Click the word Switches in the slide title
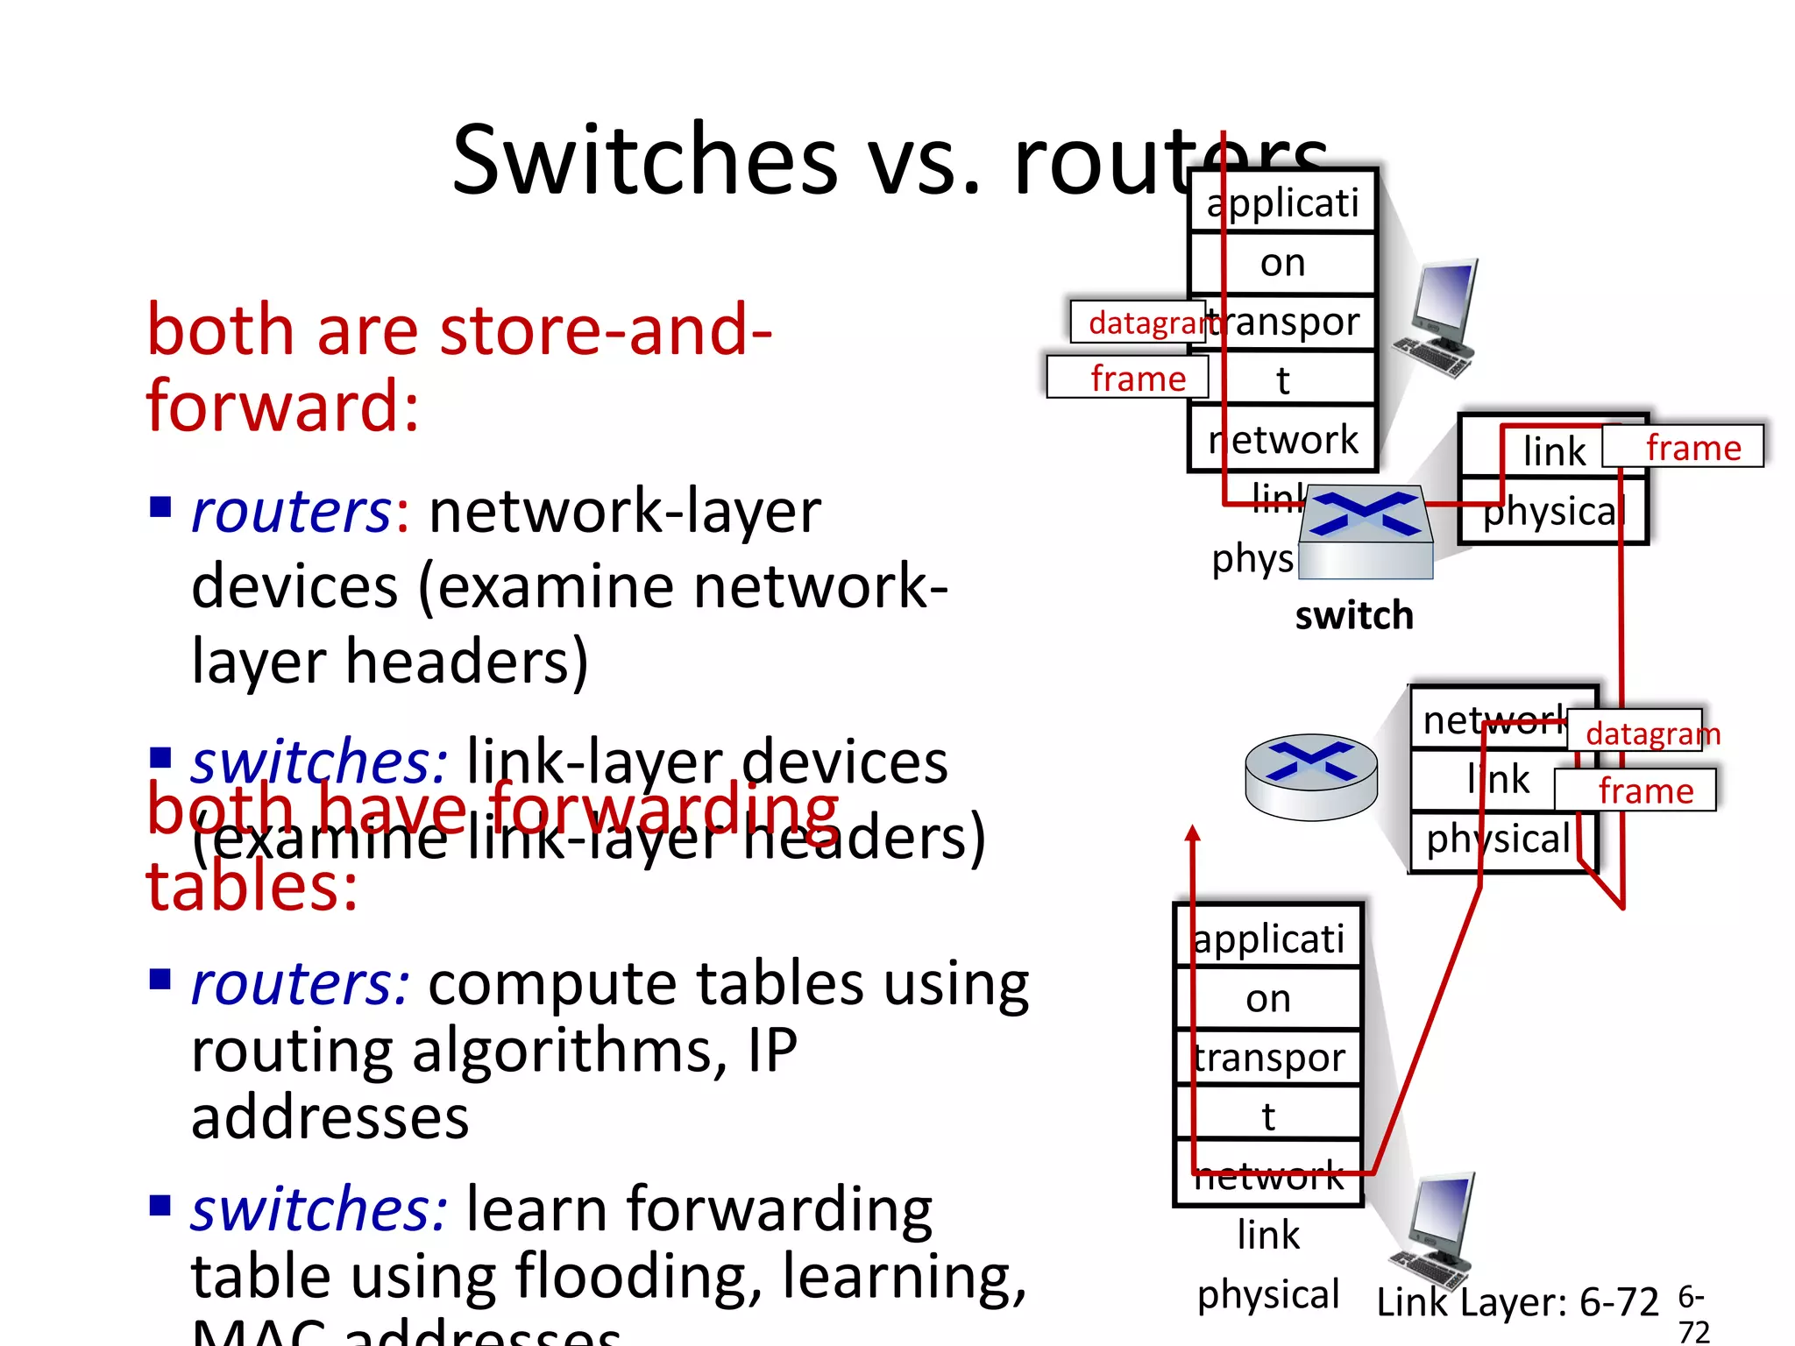[x=645, y=160]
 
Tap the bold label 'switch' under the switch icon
[x=1354, y=616]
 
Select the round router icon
[x=1311, y=776]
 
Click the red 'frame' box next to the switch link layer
[x=1683, y=447]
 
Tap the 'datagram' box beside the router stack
[x=1635, y=732]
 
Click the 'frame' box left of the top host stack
[x=1128, y=378]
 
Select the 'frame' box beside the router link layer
[x=1635, y=790]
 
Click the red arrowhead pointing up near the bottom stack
[x=1192, y=833]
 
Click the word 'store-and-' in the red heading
[x=606, y=330]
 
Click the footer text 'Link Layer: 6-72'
[x=1517, y=1302]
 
